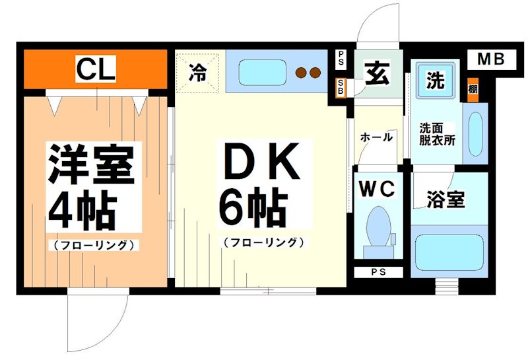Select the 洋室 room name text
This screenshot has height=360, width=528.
pyautogui.click(x=90, y=164)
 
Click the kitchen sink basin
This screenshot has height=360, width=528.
pyautogui.click(x=259, y=72)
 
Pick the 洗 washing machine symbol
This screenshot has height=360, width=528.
pyautogui.click(x=434, y=81)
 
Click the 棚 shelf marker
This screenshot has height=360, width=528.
pyautogui.click(x=473, y=89)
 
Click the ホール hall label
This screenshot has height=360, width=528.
pyautogui.click(x=376, y=137)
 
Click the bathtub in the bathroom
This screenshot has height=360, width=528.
pyautogui.click(x=449, y=254)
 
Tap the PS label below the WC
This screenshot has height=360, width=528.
pyautogui.click(x=377, y=271)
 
